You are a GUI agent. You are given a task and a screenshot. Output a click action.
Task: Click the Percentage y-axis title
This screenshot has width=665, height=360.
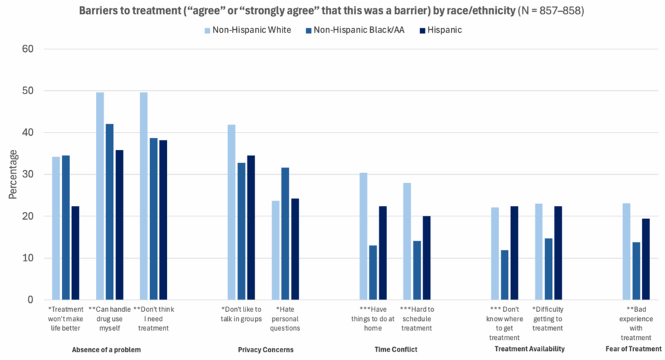pyautogui.click(x=13, y=174)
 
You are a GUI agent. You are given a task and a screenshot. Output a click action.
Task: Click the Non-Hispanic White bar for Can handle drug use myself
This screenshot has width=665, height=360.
pyautogui.click(x=100, y=196)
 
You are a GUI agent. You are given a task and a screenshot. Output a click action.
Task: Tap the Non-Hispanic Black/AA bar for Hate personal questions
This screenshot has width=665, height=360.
pyautogui.click(x=285, y=233)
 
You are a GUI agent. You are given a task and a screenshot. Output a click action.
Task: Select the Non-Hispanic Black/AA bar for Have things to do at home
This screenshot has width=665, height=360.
pyautogui.click(x=372, y=272)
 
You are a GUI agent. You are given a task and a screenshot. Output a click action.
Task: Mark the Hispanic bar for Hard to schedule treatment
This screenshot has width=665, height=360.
pyautogui.click(x=426, y=257)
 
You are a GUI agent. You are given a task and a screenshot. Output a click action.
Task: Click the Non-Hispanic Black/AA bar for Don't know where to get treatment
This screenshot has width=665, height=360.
pyautogui.click(x=504, y=275)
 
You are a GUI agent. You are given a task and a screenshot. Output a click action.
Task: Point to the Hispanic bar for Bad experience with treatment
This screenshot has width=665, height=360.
pyautogui.click(x=645, y=259)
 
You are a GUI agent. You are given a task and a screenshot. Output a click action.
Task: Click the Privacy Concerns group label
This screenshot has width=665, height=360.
pyautogui.click(x=265, y=350)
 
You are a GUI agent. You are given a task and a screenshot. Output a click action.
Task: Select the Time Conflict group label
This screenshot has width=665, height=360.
pyautogui.click(x=395, y=350)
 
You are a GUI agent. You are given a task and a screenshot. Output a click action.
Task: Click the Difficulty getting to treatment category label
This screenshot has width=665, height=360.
pyautogui.click(x=547, y=318)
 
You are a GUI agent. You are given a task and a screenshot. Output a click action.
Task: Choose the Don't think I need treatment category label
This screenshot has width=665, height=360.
pyautogui.click(x=153, y=318)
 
